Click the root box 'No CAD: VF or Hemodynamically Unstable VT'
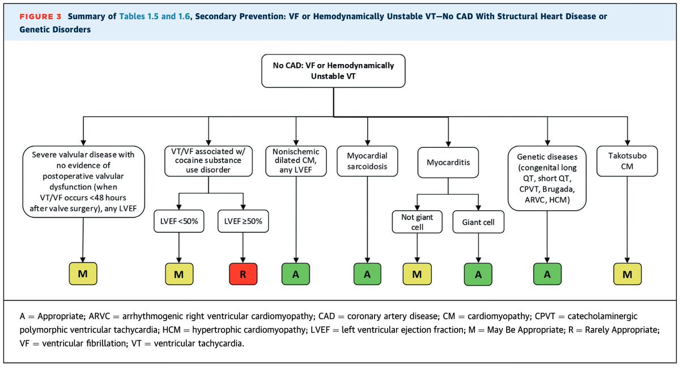coord(334,70)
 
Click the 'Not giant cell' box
coord(418,223)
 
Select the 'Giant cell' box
coord(478,223)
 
